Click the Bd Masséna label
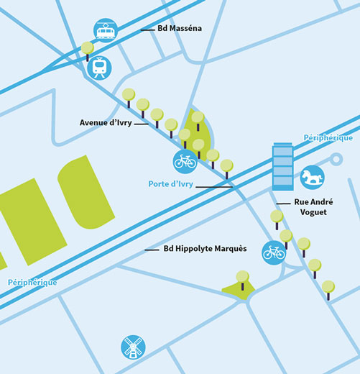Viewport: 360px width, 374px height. (180, 28)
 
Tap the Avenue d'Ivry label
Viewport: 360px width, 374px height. (106, 123)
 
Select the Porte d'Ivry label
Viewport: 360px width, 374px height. (170, 184)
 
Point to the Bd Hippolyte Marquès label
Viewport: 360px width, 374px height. (205, 248)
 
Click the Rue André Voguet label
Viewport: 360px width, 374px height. (313, 207)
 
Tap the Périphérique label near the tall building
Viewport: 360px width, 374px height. (328, 138)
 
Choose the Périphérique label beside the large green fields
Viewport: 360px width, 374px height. (32, 282)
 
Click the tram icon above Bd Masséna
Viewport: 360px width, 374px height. (106, 30)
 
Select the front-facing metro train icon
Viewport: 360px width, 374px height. (99, 68)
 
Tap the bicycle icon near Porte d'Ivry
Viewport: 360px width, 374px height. (185, 161)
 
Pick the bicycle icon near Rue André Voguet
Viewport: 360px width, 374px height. (274, 253)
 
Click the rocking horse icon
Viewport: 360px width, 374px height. (312, 178)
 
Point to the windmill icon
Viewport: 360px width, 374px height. (133, 347)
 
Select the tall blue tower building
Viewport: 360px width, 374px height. (283, 167)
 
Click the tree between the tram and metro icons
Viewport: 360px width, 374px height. (88, 51)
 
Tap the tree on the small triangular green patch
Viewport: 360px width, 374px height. (242, 280)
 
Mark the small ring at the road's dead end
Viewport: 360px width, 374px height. (336, 159)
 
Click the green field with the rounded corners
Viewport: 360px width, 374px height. (86, 192)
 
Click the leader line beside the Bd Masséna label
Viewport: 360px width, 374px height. (148, 30)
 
